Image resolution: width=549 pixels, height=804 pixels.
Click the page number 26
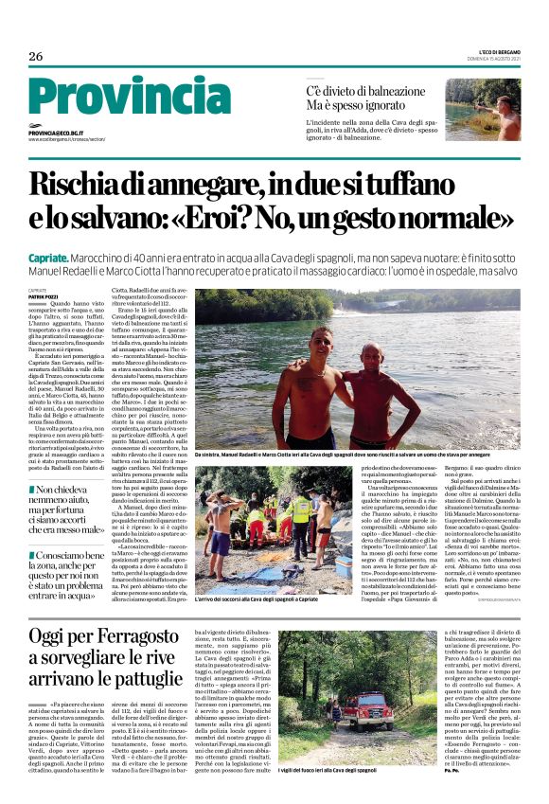[36, 56]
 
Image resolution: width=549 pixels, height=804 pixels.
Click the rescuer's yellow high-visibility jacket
[302, 510]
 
